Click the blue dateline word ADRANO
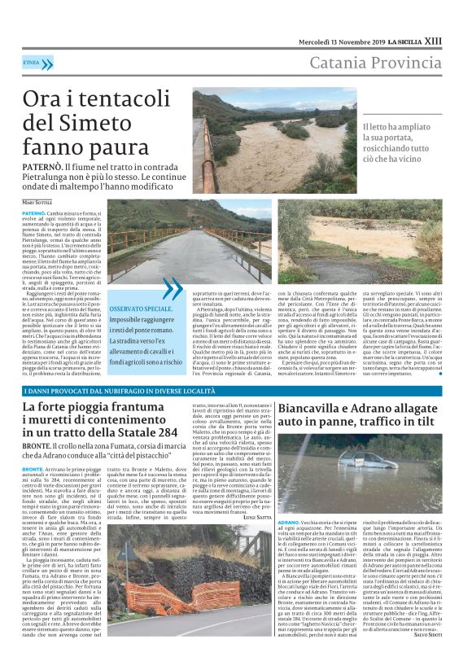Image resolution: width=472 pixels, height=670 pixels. pos(290,542)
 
